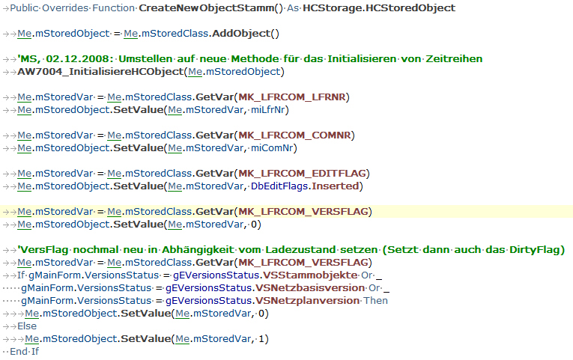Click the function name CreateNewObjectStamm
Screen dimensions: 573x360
click(207, 8)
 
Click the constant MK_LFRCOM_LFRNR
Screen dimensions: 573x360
click(292, 97)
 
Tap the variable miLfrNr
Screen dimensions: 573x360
click(268, 110)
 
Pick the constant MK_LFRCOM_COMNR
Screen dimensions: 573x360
click(294, 135)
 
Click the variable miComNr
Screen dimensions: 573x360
click(272, 148)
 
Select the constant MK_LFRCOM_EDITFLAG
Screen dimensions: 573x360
click(302, 174)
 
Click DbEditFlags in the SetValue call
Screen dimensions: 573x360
click(279, 186)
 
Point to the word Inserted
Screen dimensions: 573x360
click(335, 186)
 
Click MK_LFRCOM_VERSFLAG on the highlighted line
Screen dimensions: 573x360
click(303, 212)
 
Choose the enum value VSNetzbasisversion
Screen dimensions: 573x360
click(310, 288)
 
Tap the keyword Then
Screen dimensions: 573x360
click(376, 301)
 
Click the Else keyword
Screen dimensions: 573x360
click(27, 326)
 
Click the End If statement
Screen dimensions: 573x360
click(24, 352)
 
